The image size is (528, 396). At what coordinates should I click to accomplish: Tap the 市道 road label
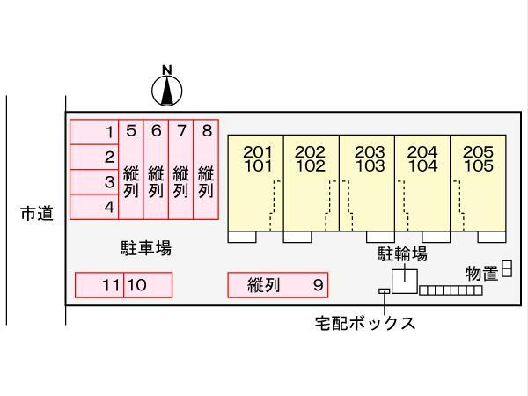pos(37,214)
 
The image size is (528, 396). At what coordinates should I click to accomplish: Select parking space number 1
pos(94,132)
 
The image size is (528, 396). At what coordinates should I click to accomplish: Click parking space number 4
pos(94,207)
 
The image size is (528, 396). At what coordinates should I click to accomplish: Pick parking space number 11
pos(99,285)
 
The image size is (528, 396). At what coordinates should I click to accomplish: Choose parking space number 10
pos(148,285)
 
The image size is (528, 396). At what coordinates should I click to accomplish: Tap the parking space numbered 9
pos(278,285)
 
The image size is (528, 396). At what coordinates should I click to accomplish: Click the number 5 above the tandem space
pos(131,130)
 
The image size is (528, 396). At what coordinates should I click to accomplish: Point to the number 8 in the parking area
pos(207,130)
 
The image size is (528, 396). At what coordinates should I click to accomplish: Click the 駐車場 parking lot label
pos(146,248)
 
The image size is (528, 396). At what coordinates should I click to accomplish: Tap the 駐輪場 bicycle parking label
pos(402,253)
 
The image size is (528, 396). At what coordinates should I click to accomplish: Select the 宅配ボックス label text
pos(365,323)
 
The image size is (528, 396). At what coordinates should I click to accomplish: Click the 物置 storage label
pos(482,274)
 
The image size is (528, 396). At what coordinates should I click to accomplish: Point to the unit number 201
pos(258,152)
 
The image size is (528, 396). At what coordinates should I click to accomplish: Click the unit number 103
pos(370,166)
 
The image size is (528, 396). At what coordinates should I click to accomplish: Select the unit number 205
pos(478,152)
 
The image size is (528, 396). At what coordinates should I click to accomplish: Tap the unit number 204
pos(422,152)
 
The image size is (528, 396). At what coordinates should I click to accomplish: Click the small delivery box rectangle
pos(385,291)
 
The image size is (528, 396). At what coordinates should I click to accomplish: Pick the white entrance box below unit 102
pos(297,237)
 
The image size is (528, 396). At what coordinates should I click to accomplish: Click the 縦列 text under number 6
pos(156,181)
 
